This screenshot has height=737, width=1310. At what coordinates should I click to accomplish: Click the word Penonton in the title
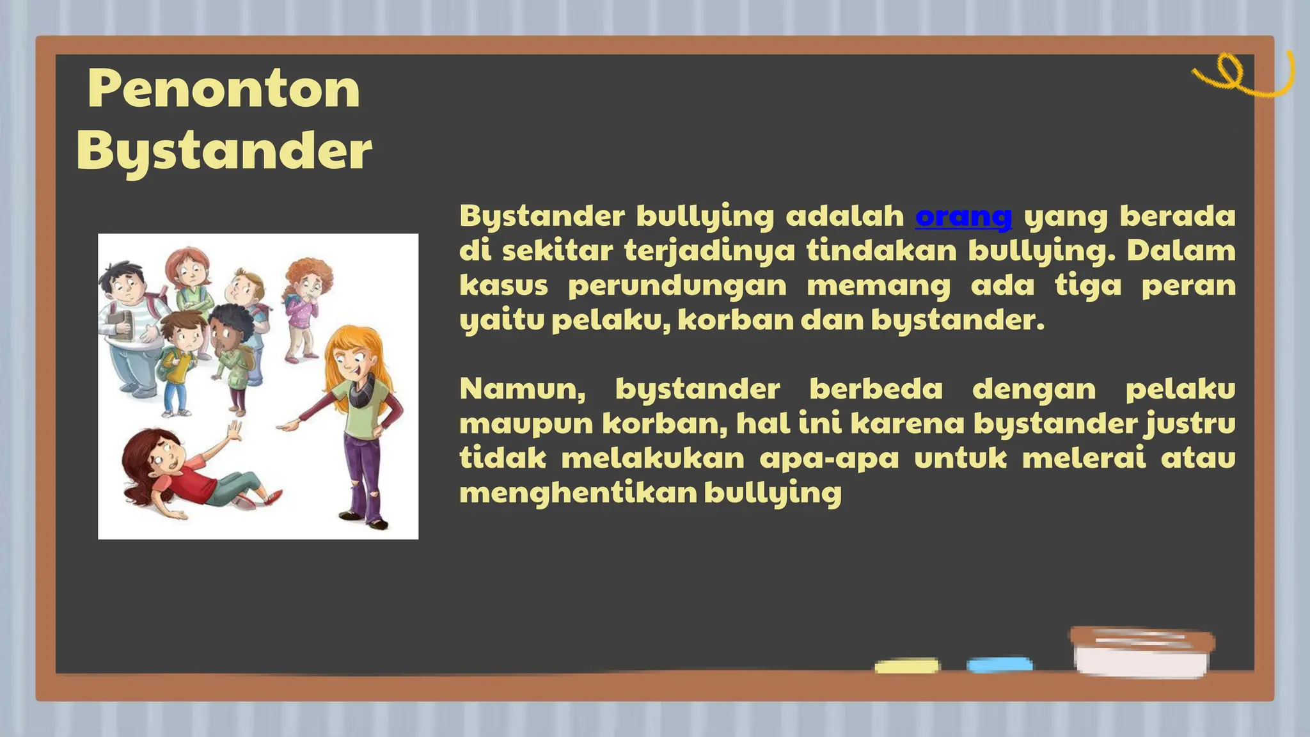click(223, 90)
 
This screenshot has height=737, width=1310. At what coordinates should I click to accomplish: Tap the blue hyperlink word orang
click(963, 216)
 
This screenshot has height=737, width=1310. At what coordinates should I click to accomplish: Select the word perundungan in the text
click(677, 285)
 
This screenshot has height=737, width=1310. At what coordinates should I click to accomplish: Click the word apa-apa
click(829, 459)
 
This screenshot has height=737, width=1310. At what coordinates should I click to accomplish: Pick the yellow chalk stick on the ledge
click(906, 666)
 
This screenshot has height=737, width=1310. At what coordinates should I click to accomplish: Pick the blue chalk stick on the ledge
click(999, 665)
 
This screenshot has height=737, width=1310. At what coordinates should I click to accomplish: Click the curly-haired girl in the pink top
click(304, 301)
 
